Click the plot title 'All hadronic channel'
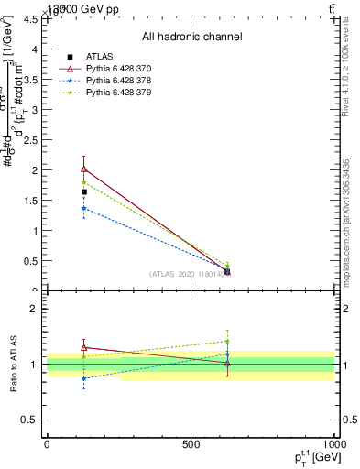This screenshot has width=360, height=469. tap(191, 38)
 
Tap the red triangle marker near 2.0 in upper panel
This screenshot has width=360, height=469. tap(84, 169)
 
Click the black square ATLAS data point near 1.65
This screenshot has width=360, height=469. tap(84, 191)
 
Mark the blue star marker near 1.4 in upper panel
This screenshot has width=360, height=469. tap(84, 208)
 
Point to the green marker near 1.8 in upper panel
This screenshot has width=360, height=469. tap(84, 182)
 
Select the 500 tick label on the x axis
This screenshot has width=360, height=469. tap(191, 444)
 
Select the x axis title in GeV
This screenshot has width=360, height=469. tap(312, 458)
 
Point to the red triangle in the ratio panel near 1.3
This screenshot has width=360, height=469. tap(84, 347)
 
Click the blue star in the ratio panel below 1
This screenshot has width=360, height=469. tap(84, 378)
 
